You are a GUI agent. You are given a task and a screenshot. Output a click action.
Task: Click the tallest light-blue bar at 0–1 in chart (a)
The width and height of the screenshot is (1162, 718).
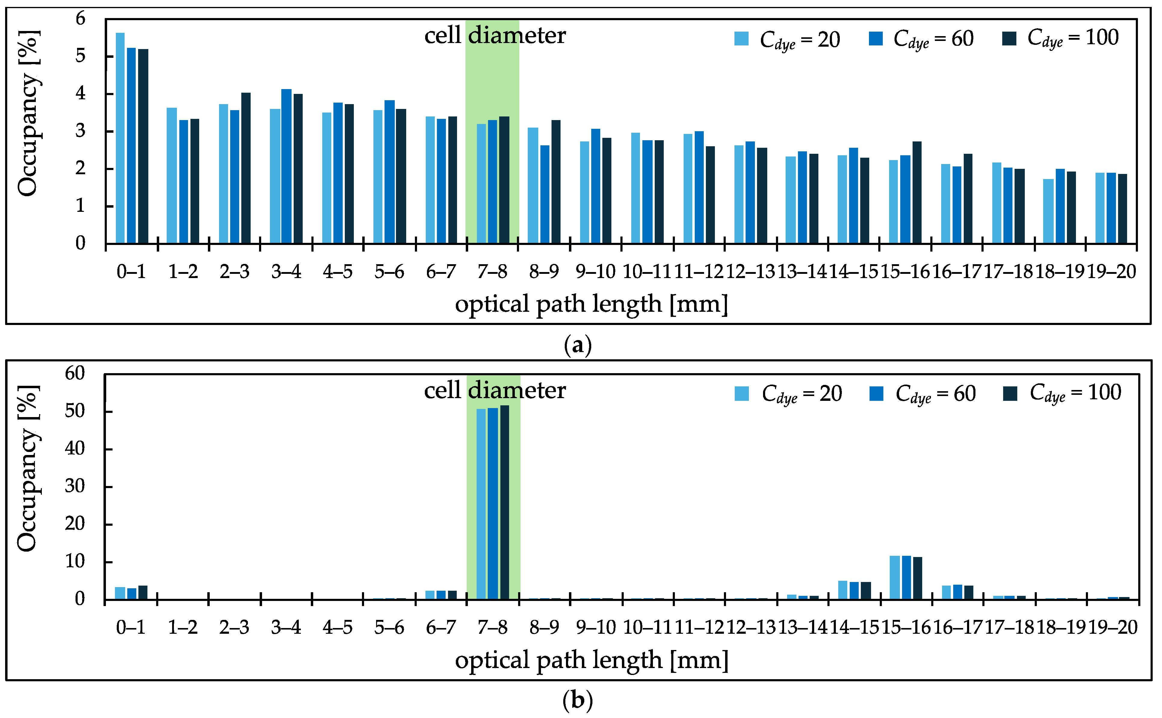click(x=120, y=138)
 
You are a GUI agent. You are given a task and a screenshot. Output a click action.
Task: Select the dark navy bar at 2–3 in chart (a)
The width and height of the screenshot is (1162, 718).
click(x=246, y=168)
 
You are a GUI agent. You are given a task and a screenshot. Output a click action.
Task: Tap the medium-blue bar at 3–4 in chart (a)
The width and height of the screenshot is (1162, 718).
click(x=286, y=166)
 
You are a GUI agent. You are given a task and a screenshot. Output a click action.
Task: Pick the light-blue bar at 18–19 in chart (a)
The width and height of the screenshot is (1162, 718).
click(x=1049, y=211)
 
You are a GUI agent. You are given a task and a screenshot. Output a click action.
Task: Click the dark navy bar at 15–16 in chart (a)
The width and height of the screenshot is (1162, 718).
click(x=917, y=192)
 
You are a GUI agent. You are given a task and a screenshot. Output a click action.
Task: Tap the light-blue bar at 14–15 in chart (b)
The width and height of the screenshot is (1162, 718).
click(x=842, y=590)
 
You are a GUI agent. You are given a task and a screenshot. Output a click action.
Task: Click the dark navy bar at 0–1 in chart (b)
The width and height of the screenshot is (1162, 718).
click(x=143, y=593)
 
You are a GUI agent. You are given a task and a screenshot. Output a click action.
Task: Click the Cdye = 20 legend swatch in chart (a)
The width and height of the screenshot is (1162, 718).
click(x=741, y=39)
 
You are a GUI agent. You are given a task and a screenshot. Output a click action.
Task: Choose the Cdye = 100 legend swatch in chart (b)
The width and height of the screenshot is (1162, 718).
click(x=1010, y=394)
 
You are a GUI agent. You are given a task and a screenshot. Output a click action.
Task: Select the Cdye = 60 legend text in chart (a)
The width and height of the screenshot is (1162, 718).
click(x=933, y=39)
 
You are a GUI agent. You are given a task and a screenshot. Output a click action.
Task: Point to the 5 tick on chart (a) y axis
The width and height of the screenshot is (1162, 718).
click(x=80, y=56)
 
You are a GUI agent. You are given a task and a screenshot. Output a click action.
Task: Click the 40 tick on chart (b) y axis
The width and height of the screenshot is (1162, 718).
click(x=75, y=448)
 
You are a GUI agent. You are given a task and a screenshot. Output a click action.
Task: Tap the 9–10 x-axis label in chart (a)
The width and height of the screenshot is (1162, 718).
click(x=595, y=272)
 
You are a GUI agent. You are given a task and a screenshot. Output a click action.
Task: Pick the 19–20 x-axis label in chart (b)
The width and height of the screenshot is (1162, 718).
click(x=1112, y=628)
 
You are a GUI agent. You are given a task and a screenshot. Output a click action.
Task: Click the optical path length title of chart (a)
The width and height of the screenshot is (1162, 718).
click(x=591, y=304)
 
